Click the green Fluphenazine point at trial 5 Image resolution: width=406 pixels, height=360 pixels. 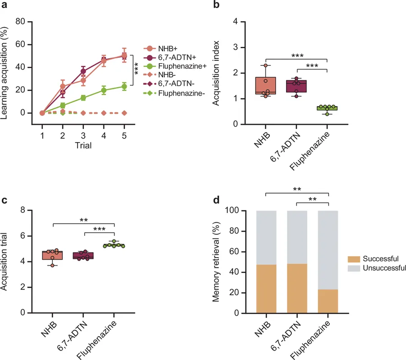[124, 86]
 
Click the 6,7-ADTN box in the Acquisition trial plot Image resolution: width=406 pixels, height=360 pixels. [83, 255]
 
